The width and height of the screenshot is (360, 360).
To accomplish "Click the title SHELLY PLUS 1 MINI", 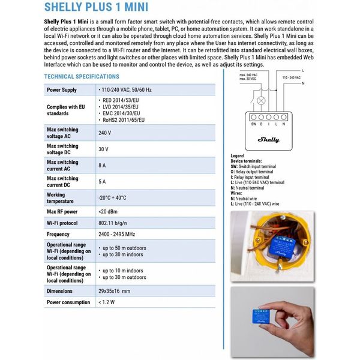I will [x=96, y=8].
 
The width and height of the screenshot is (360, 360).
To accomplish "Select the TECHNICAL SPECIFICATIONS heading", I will [x=82, y=77].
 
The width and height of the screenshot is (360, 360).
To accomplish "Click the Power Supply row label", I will [x=62, y=90].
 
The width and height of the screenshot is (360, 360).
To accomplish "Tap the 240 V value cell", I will [x=105, y=133].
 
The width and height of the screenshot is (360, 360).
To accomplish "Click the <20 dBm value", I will [x=108, y=212].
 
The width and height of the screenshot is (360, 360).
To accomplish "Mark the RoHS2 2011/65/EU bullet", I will [x=125, y=120].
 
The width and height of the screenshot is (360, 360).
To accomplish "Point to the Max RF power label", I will [x=63, y=212].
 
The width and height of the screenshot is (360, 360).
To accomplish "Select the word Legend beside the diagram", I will [x=238, y=156].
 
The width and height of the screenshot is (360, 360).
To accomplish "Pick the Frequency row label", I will [x=59, y=235].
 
